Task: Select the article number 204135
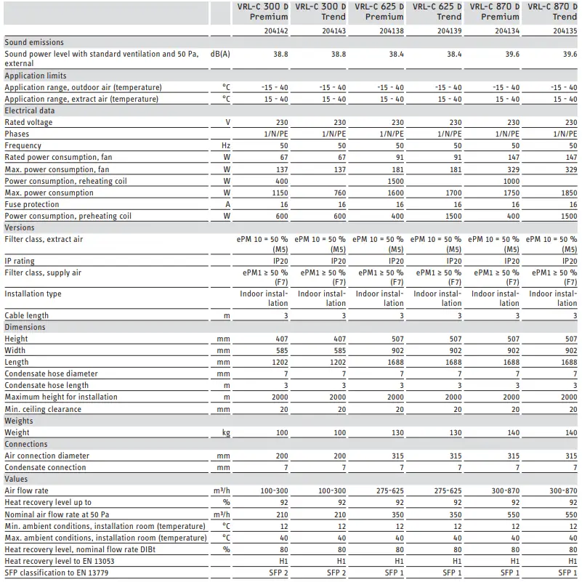point(565,31)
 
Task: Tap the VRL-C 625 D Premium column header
point(379,11)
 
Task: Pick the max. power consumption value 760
point(339,193)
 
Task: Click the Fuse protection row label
point(32,204)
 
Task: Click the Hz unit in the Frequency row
point(225,146)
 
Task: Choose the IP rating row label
point(20,261)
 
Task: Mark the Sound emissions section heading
point(34,43)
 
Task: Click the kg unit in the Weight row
point(225,432)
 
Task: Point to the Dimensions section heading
point(25,327)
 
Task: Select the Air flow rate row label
point(27,490)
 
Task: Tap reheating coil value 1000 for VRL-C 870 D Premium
point(512,181)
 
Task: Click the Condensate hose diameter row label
point(51,373)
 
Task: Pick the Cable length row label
point(27,315)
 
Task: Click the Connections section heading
point(26,444)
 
